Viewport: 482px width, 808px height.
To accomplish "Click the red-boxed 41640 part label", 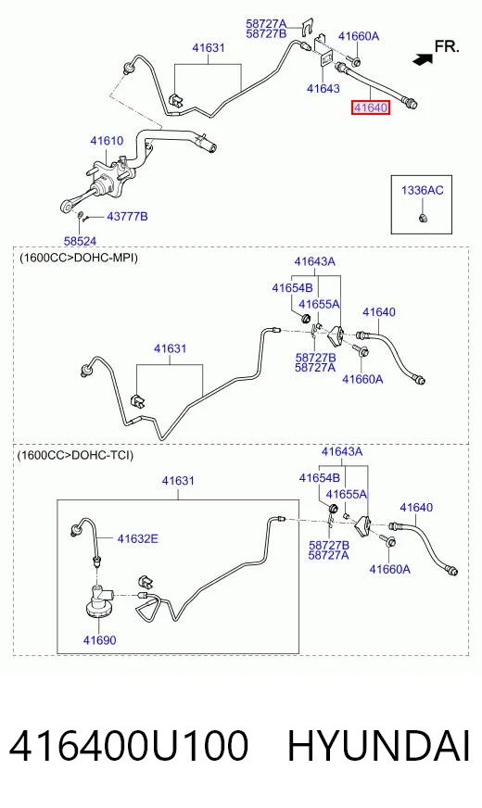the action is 370,107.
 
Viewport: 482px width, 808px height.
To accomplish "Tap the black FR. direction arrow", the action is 423,59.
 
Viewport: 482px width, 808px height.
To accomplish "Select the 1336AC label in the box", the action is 422,190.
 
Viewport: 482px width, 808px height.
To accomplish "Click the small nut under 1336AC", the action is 422,218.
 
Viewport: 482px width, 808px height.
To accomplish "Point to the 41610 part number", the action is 107,141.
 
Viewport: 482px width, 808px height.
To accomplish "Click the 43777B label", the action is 127,217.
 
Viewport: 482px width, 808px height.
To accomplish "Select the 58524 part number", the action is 80,241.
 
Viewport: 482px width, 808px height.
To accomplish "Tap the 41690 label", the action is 99,640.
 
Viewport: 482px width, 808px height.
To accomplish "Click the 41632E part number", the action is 137,538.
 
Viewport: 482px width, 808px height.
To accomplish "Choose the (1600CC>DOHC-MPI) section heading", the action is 79,258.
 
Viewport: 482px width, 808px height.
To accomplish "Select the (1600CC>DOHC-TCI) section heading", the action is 75,455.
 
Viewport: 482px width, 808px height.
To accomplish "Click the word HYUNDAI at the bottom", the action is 379,746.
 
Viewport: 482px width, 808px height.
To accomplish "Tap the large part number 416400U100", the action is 128,746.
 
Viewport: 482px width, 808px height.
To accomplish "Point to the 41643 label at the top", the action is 323,88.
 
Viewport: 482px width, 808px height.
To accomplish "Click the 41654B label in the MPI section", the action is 292,287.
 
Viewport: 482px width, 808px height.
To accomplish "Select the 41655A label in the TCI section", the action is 347,494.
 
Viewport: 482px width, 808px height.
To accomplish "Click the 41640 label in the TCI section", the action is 416,507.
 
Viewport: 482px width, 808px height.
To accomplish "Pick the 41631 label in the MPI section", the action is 171,348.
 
